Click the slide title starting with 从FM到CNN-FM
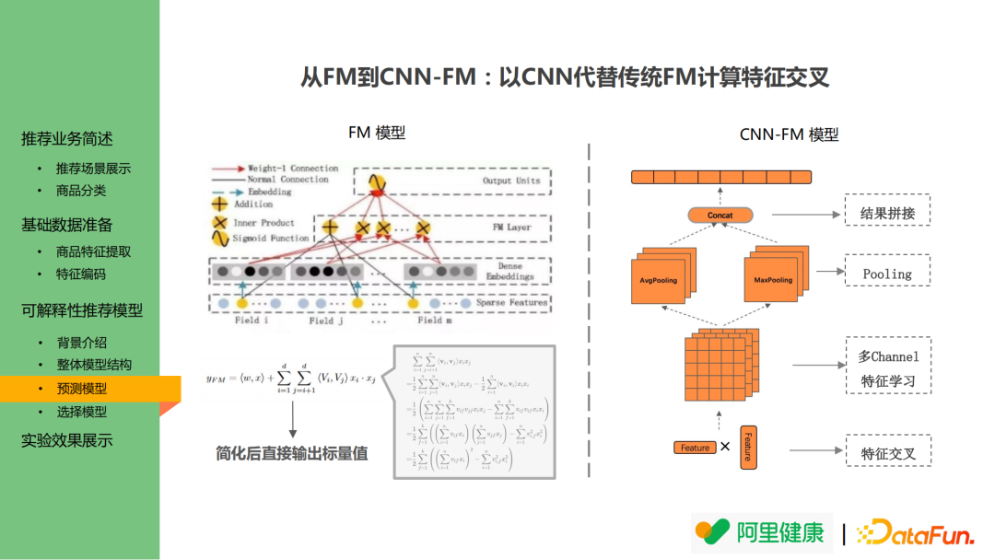[x=565, y=76]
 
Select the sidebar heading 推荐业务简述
[x=67, y=139]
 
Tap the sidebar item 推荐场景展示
[x=93, y=169]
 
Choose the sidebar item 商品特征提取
[x=93, y=251]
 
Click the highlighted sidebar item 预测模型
[x=82, y=389]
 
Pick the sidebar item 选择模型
[x=82, y=412]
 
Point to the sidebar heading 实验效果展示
[x=67, y=440]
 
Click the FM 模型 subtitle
[x=376, y=133]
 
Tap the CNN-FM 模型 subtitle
[x=789, y=134]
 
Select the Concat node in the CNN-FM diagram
[x=720, y=216]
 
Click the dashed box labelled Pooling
[x=887, y=274]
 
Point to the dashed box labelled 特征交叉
[x=888, y=453]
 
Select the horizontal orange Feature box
[x=695, y=448]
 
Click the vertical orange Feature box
[x=747, y=447]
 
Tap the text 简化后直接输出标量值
[x=292, y=453]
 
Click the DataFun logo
[x=915, y=532]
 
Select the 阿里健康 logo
[x=761, y=532]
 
